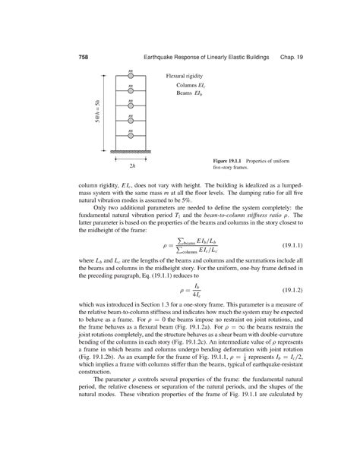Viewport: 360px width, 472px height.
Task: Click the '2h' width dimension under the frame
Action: coord(131,165)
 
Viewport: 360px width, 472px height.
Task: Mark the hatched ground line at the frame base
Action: coord(131,153)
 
